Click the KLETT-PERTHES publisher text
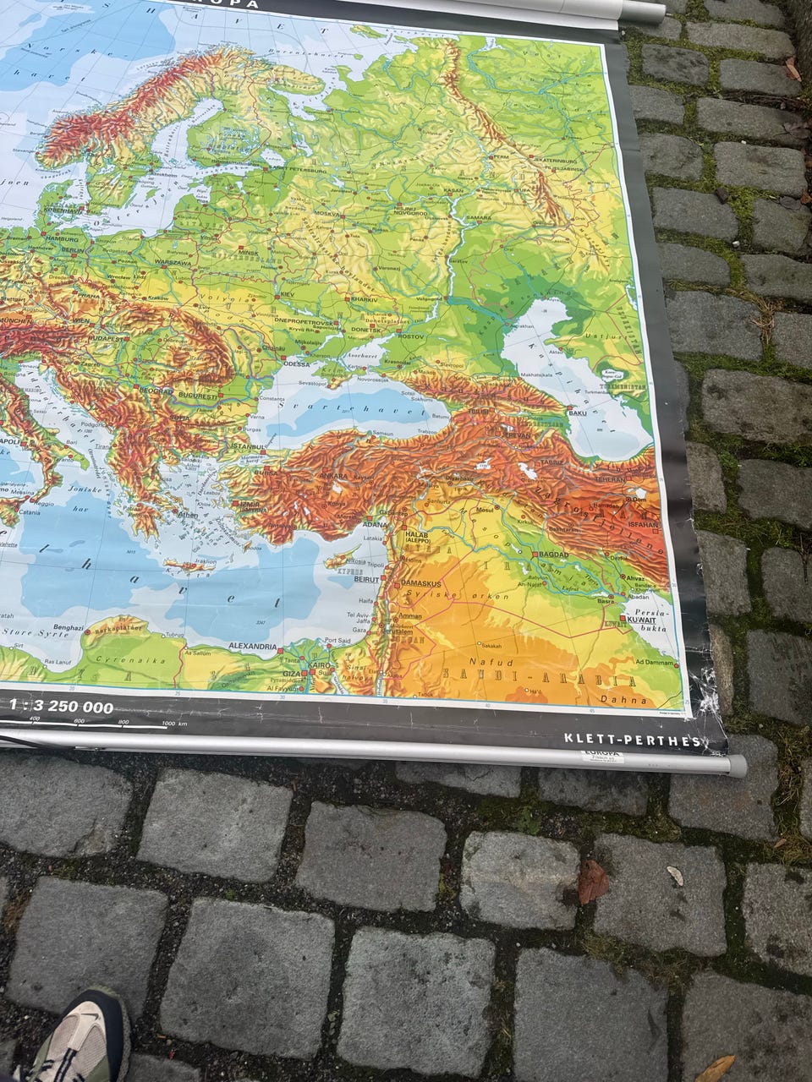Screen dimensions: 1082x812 pos(632,740)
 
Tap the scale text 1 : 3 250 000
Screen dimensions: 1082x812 pos(60,708)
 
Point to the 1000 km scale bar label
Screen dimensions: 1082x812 pos(173,724)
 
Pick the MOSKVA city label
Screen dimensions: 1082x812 pos(303,213)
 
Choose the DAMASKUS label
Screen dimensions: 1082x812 pos(420,584)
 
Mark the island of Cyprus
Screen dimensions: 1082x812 pos(340,561)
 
